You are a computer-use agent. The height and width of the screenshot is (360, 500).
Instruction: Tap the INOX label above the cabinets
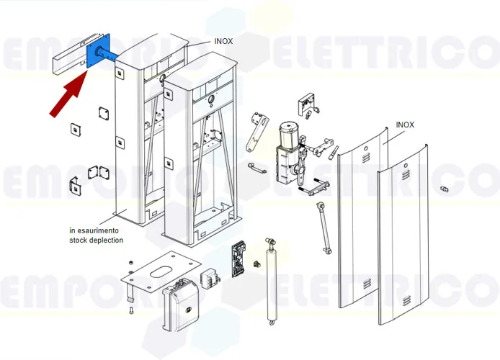click(x=223, y=41)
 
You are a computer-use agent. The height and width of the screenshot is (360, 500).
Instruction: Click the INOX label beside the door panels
click(x=406, y=124)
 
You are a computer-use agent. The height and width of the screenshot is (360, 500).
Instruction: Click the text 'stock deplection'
click(x=96, y=240)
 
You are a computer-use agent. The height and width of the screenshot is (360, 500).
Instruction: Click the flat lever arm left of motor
click(x=253, y=132)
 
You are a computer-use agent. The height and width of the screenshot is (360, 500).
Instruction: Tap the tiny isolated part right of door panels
click(x=445, y=188)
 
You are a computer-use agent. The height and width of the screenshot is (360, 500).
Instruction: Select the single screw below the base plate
click(x=131, y=310)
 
